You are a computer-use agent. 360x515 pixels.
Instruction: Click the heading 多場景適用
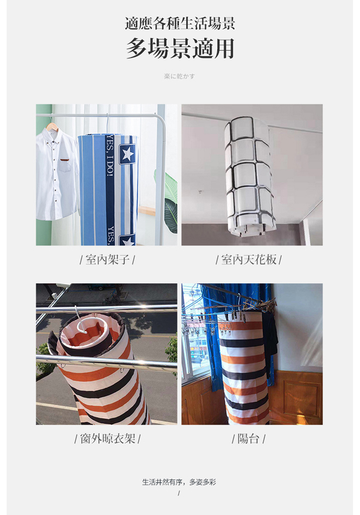point(180,49)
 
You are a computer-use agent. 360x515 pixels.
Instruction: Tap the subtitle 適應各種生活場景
point(180,24)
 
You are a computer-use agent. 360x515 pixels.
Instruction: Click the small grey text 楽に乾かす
point(180,76)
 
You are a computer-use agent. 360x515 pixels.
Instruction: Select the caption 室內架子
point(107,259)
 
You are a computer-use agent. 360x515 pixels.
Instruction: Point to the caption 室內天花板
point(249,259)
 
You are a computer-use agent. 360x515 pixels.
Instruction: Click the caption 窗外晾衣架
point(107,438)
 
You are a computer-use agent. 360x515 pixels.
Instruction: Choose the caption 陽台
point(248,438)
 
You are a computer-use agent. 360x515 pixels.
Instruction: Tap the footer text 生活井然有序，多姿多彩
point(179,482)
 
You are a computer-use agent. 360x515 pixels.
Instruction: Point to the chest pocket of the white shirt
point(64,166)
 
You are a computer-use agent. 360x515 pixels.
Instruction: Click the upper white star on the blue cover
point(127,154)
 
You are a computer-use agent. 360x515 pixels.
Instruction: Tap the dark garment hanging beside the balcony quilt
point(270,342)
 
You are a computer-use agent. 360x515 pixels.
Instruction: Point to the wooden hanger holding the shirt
point(53,126)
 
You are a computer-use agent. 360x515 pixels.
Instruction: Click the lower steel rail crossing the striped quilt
point(107,363)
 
